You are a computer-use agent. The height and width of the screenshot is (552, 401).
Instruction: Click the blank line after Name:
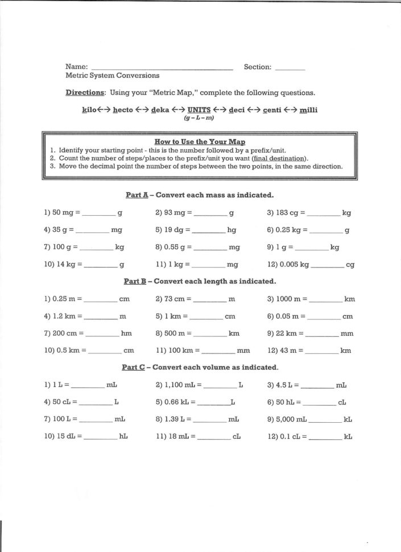click(162, 68)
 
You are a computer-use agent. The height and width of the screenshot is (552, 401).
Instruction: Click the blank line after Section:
click(290, 68)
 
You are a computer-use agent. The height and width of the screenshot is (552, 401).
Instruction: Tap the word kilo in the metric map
click(92, 110)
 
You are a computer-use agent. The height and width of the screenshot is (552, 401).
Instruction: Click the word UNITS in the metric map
click(199, 110)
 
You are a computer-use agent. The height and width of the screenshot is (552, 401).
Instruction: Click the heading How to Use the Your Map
click(200, 141)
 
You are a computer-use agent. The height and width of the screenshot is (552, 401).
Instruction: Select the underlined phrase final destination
click(280, 158)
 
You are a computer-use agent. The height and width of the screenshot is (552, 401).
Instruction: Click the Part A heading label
click(137, 195)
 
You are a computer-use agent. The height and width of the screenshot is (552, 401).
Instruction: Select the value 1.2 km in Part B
click(64, 316)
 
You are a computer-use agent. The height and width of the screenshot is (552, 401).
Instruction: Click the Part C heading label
click(134, 368)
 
